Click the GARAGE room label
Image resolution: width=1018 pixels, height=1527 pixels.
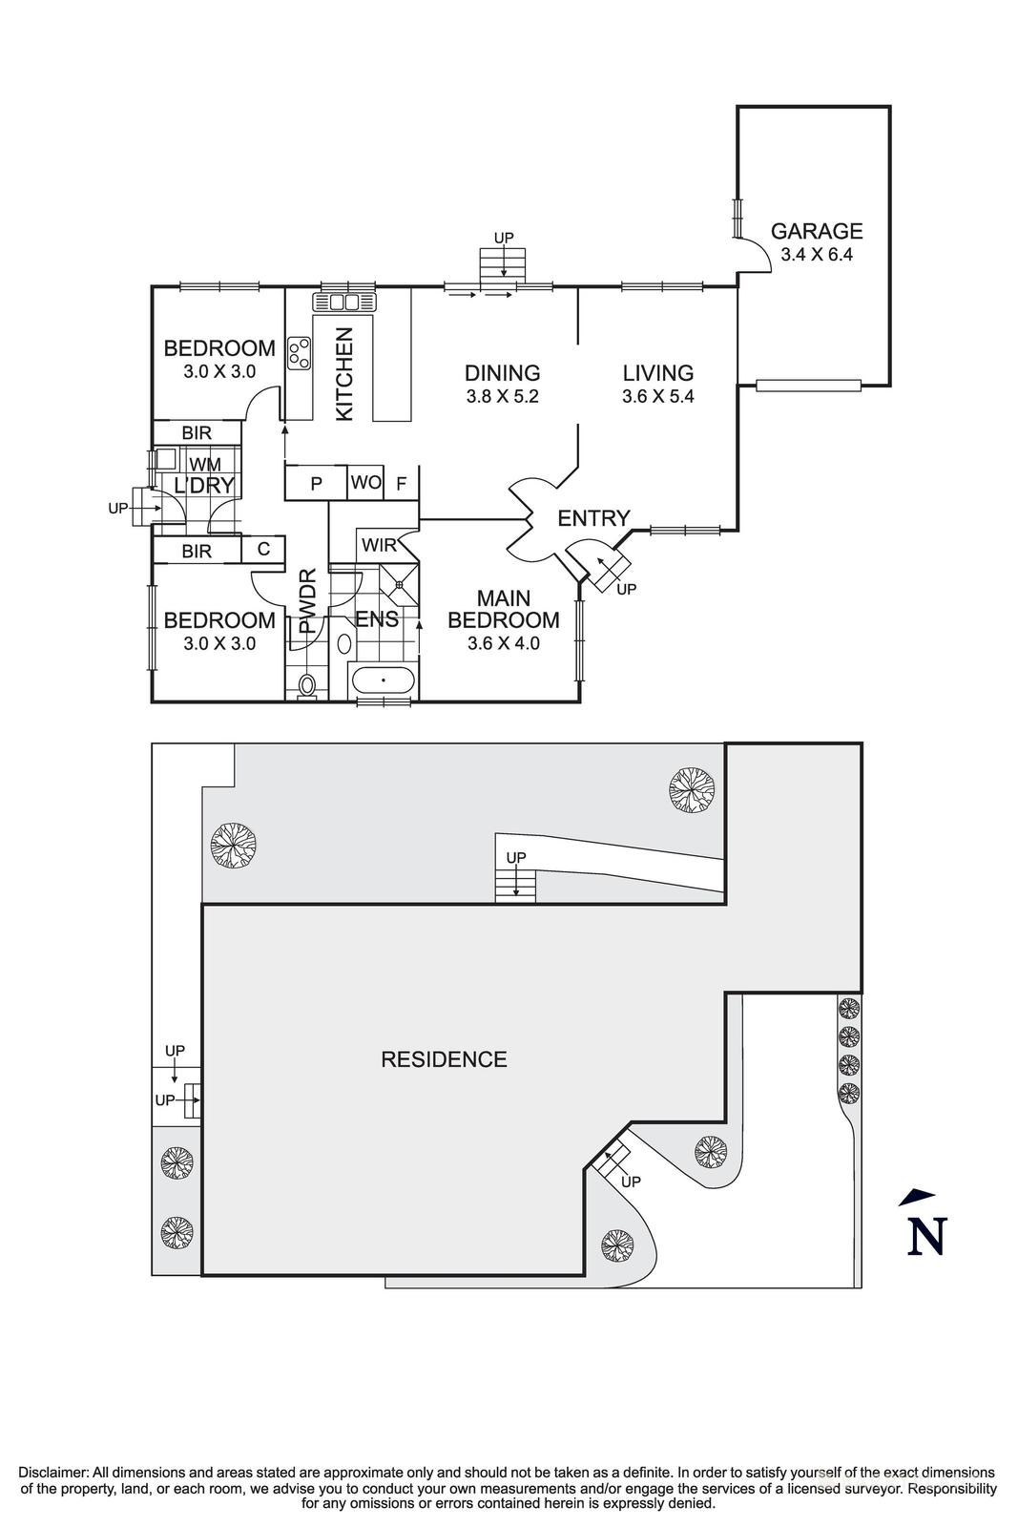tap(817, 231)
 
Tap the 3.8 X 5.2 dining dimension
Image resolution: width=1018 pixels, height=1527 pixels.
tap(503, 396)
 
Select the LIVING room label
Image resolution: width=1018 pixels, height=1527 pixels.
tap(657, 373)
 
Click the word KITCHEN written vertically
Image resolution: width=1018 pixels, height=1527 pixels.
tap(344, 373)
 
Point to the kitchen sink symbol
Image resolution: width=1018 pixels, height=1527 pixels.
tap(343, 303)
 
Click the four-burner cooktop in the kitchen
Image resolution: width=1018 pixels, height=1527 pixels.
tap(300, 353)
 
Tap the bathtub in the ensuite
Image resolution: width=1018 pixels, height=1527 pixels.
tap(383, 681)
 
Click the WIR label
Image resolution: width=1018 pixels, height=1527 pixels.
tap(379, 546)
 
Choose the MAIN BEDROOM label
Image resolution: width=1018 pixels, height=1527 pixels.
tap(504, 609)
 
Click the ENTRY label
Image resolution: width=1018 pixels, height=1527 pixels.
tap(593, 518)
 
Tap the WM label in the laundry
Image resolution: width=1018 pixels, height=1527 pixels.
tap(205, 465)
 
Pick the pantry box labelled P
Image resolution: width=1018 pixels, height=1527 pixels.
tap(316, 484)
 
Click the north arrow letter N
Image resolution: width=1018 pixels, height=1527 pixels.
tap(925, 1236)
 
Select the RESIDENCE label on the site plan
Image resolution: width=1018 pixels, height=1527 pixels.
tap(444, 1059)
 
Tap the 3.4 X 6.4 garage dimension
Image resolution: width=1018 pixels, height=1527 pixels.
tap(817, 255)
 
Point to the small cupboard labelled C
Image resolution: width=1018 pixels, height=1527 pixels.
tap(263, 550)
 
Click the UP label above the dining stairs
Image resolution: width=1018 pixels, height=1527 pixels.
tap(503, 237)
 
